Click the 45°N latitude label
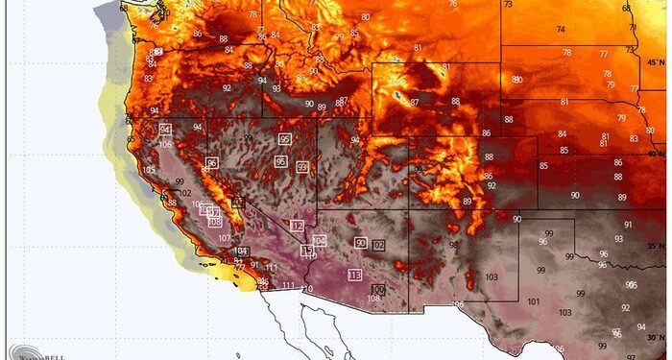(x=656, y=62)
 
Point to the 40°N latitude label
(x=656, y=154)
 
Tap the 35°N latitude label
(x=656, y=247)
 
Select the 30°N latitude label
(x=656, y=337)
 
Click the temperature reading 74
(x=561, y=30)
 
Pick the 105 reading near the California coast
(x=149, y=170)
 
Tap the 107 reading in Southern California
(x=223, y=238)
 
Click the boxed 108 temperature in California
(x=215, y=222)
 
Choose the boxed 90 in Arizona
(x=360, y=243)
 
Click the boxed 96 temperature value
(x=211, y=163)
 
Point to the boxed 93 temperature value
(x=302, y=167)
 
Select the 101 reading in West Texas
(x=533, y=301)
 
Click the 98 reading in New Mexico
(x=452, y=245)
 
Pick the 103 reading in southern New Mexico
(x=492, y=276)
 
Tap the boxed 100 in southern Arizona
(x=377, y=289)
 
